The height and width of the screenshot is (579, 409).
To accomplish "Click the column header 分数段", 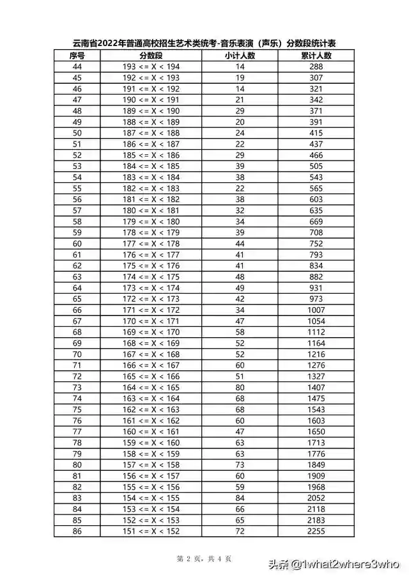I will pos(151,56).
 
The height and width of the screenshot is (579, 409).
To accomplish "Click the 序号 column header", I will pos(77,56).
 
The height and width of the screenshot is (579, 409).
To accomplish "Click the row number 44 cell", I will pos(77,67).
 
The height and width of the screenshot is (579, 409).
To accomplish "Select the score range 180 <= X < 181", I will pos(151,210).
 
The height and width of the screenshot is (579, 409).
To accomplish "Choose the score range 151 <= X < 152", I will pos(151,532).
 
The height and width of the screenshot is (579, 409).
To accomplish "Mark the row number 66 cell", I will pos(77,310).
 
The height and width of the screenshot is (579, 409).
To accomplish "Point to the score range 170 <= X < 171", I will pos(151,321).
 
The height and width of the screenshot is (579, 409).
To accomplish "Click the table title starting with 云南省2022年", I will pos(204,44).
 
